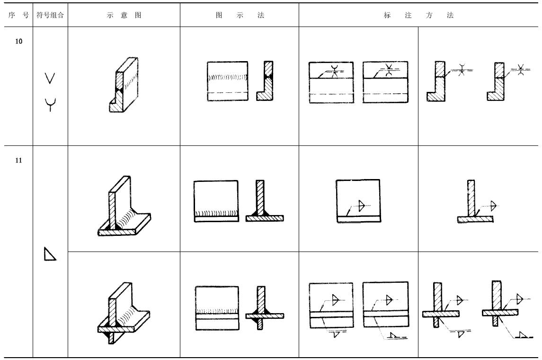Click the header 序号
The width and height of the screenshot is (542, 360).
pos(18,15)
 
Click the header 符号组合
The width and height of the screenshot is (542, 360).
pos(50,15)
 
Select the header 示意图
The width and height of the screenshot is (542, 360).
pos(124,15)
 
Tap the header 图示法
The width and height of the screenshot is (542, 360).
pos(240,15)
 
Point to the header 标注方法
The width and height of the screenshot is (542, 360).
pos(418,15)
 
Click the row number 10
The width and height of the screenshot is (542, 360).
pos(18,42)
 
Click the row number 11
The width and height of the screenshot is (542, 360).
pos(18,161)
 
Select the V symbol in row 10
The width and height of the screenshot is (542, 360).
pos(50,78)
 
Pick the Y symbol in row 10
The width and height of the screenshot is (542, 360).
pos(50,104)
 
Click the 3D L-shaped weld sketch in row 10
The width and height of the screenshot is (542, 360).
pos(123,85)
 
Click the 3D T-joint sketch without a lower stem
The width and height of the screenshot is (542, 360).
pos(124,206)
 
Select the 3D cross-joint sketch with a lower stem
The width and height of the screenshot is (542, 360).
pos(124,313)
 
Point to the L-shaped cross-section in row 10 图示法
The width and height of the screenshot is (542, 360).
pos(265,81)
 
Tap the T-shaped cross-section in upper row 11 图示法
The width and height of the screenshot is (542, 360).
pos(265,201)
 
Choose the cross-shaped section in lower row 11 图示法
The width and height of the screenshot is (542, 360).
pos(265,308)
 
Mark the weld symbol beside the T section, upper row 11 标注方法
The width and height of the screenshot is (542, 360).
pos(493,206)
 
